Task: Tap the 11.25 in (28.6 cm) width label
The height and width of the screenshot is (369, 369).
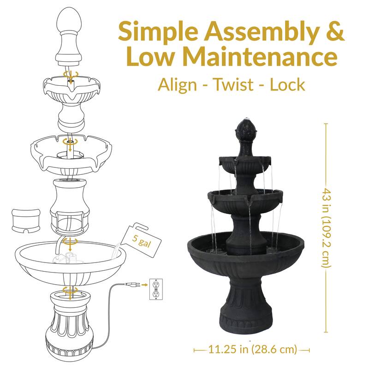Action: [251, 349]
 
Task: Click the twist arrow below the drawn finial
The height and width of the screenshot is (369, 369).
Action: [70, 74]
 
